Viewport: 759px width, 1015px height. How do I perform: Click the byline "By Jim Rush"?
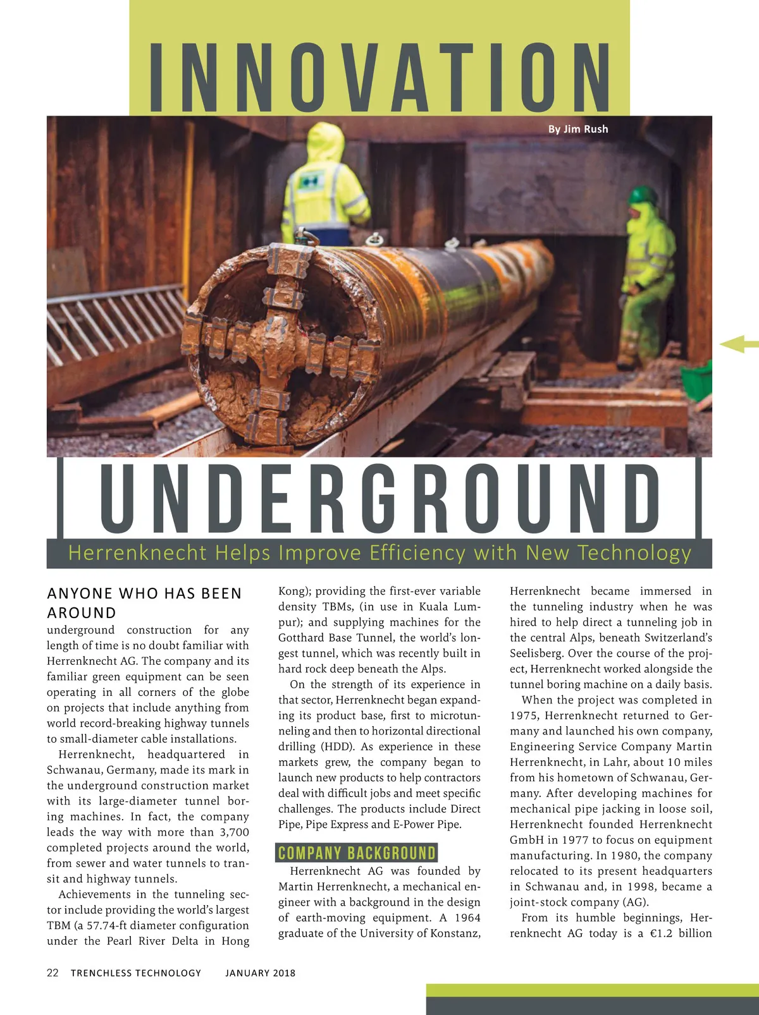(577, 129)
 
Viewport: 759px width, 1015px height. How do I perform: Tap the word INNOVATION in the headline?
(379, 77)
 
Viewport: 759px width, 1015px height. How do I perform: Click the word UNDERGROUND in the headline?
(380, 497)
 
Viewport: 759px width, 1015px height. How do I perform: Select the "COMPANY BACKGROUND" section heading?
(357, 853)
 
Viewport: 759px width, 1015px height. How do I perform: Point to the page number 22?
(52, 973)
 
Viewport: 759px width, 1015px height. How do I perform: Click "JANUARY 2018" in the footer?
(260, 973)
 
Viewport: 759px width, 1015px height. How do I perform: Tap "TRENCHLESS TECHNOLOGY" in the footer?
(136, 973)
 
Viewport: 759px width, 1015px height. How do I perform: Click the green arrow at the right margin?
(737, 344)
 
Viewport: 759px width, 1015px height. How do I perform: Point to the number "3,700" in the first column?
(234, 832)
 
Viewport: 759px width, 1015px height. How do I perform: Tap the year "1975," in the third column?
(525, 716)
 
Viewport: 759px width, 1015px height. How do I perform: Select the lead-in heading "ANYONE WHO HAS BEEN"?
(144, 593)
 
